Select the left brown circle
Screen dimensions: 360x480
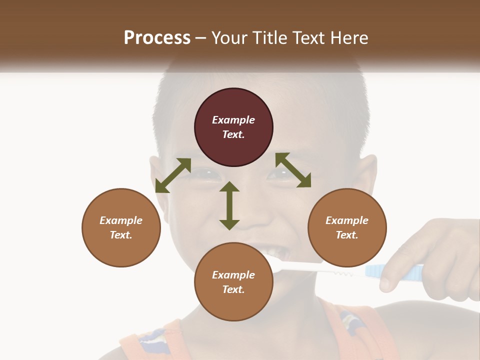click(x=121, y=227)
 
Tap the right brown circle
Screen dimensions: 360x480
click(x=347, y=227)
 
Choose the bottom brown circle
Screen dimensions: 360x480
click(x=233, y=281)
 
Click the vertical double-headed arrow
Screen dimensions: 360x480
click(x=229, y=205)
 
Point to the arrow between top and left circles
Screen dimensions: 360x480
click(x=173, y=175)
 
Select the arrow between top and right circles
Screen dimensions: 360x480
click(x=293, y=170)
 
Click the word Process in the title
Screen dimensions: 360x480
click(x=157, y=37)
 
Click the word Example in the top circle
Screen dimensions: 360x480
click(x=233, y=120)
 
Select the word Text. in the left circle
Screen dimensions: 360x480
click(x=121, y=235)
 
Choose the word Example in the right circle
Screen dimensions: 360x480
click(x=347, y=220)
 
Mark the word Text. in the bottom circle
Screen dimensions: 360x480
click(x=233, y=289)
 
